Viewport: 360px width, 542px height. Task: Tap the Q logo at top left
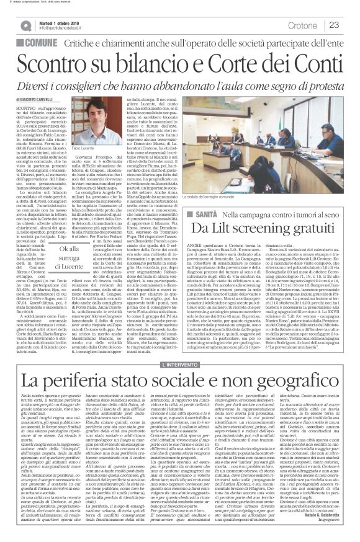pos(25,24)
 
